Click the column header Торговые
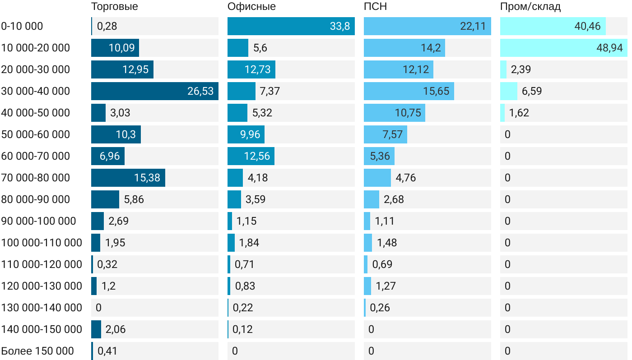[x=114, y=7]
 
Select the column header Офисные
[x=251, y=7]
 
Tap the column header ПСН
[x=375, y=7]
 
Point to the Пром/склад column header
[x=530, y=7]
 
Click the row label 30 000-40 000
[x=36, y=91]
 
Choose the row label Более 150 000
[x=37, y=351]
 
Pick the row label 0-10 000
[x=22, y=26]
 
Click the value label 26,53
[x=200, y=91]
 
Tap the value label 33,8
[x=340, y=26]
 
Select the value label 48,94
[x=609, y=48]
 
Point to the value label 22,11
[x=473, y=26]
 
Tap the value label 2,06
[x=116, y=329]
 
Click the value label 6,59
[x=532, y=91]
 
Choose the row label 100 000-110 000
[x=42, y=243]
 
